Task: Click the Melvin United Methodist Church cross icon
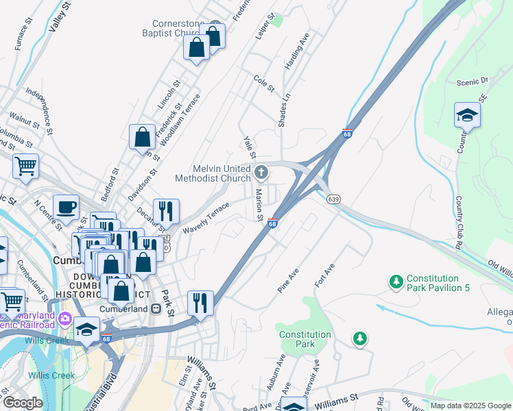pos(261,171)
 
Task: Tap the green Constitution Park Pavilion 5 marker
pos(395,282)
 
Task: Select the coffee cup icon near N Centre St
pos(66,206)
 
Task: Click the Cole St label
pos(264,84)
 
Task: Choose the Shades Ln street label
pos(283,110)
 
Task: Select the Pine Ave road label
pos(289,281)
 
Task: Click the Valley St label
pos(60,17)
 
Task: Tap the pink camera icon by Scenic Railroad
pos(65,319)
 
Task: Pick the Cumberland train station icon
pos(156,309)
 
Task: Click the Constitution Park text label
pos(305,339)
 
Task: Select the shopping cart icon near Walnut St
pos(25,165)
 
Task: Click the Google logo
pos(23,403)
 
